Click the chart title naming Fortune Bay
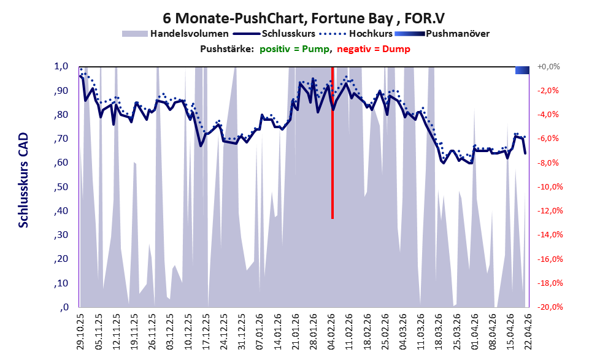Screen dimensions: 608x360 pos(303,18)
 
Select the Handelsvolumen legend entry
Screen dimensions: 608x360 pos(175,34)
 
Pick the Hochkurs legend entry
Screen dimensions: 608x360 pos(356,34)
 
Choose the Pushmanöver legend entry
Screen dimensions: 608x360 pos(442,34)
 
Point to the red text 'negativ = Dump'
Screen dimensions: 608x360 pos(374,49)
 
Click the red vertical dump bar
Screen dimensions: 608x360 pos(333,143)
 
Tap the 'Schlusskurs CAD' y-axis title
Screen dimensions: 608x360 pos(23,180)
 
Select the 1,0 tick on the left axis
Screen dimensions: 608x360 pos(61,66)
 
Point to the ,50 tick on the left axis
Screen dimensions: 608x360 pos(61,187)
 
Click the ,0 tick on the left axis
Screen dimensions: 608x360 pos(64,307)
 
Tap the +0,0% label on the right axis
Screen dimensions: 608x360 pos(548,67)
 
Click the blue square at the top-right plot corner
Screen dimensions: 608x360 pos(522,70)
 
